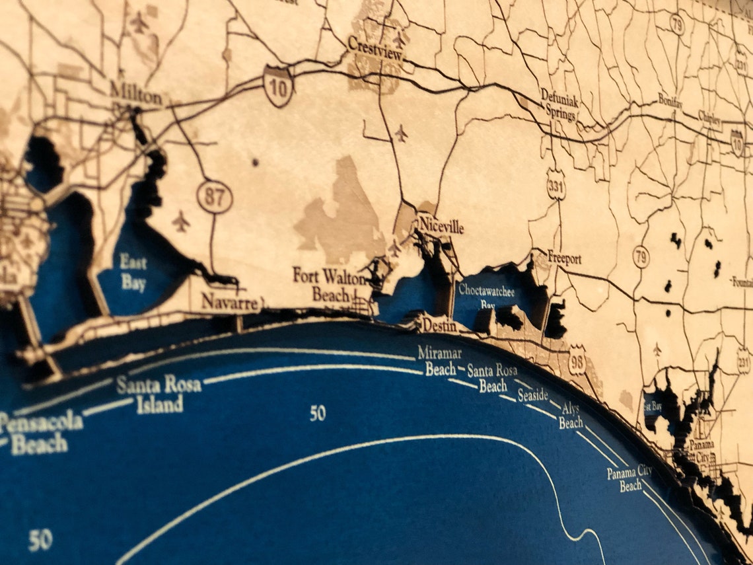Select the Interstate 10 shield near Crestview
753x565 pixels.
pyautogui.click(x=278, y=85)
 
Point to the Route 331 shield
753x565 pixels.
pyautogui.click(x=556, y=188)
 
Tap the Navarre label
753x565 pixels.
pyautogui.click(x=229, y=302)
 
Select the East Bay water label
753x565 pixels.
pyautogui.click(x=133, y=272)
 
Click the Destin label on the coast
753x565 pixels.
pyautogui.click(x=440, y=325)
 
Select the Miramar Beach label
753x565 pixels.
pyautogui.click(x=440, y=361)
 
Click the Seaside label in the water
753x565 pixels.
pyautogui.click(x=532, y=395)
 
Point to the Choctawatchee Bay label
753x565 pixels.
pyautogui.click(x=487, y=294)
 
